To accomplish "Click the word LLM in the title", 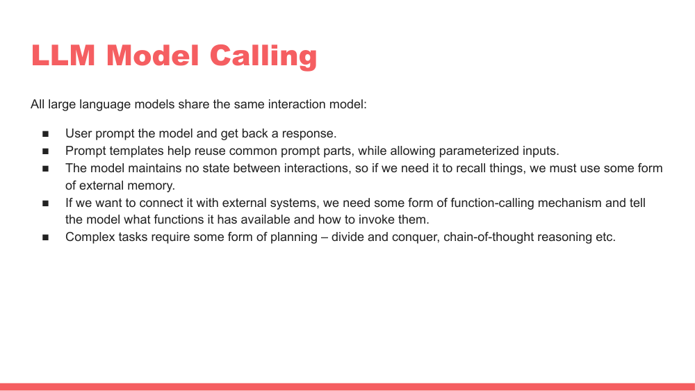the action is [x=63, y=56].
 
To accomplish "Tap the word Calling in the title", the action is [x=263, y=57].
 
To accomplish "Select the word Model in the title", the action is [x=152, y=56].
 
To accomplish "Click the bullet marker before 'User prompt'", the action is [x=46, y=134].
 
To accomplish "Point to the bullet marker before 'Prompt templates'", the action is [x=46, y=151].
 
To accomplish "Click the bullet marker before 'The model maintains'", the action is [x=46, y=168].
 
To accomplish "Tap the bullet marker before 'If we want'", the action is [x=46, y=203].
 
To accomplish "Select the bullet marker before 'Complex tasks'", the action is [x=46, y=238].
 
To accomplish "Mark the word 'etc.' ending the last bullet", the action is [x=605, y=238].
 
